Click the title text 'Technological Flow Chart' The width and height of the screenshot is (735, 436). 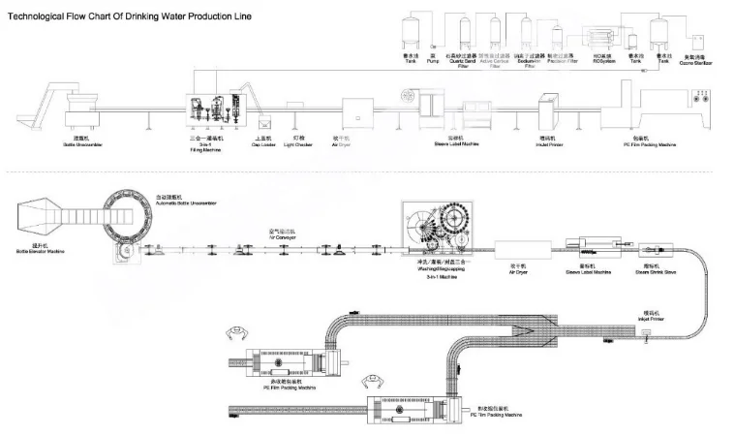[58, 17]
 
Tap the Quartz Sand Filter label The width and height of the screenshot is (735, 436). [460, 63]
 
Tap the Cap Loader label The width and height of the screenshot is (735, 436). [263, 142]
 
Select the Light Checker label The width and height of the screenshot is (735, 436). [302, 142]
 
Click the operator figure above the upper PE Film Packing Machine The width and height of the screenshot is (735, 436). [233, 336]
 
